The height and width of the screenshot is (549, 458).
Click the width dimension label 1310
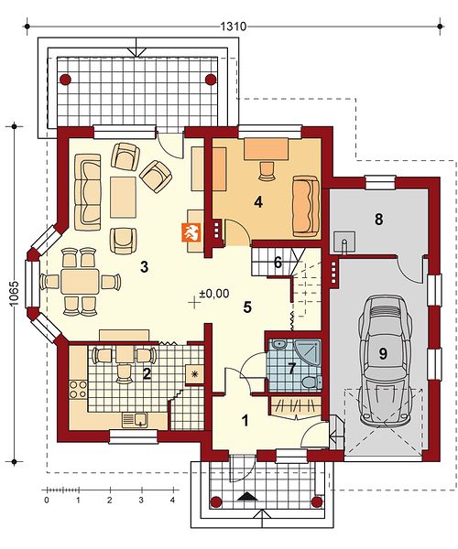click(233, 27)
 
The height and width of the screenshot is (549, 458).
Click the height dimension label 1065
click(14, 294)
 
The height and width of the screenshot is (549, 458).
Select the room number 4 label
click(258, 201)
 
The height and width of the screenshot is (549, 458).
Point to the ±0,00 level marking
click(214, 293)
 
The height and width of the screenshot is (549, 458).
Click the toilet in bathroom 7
click(311, 382)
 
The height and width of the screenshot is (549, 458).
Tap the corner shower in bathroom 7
click(308, 353)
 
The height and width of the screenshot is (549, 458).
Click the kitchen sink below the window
click(135, 419)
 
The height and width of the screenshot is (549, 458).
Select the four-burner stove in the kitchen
click(78, 389)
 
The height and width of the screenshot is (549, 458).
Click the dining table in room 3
click(80, 281)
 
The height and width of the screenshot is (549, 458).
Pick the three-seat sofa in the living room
click(88, 188)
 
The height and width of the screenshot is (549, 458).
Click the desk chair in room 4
click(267, 171)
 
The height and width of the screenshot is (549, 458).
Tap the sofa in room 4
click(306, 206)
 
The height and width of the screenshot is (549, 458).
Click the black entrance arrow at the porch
click(248, 496)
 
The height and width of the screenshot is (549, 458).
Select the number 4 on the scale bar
click(172, 500)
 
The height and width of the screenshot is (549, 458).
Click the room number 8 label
click(379, 220)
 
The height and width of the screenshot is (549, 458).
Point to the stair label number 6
click(278, 263)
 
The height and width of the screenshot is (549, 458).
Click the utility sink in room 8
click(344, 242)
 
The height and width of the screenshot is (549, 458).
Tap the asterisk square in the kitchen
click(194, 374)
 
